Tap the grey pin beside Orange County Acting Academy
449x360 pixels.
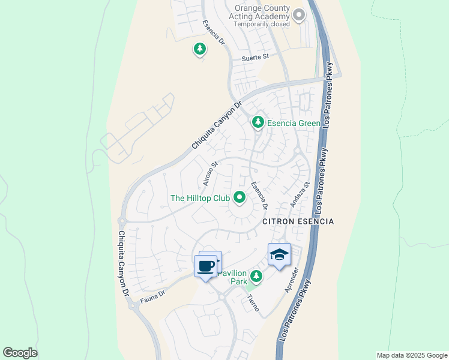[299, 16]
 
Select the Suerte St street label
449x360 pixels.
[255, 58]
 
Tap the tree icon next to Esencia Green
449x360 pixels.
[258, 122]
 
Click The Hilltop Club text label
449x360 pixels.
[200, 198]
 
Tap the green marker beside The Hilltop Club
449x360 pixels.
[240, 197]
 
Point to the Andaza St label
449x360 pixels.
[298, 195]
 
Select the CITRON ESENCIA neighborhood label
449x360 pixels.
[298, 221]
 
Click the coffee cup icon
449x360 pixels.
[205, 266]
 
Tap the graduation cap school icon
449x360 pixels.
[279, 256]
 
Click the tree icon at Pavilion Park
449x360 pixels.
[257, 277]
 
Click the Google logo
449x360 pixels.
[20, 353]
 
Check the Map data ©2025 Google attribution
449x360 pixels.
[411, 355]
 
